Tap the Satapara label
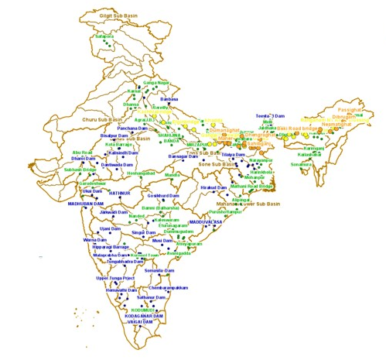[104, 36]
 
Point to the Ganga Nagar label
[156, 83]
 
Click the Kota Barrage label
[120, 144]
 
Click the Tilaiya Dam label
[232, 155]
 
